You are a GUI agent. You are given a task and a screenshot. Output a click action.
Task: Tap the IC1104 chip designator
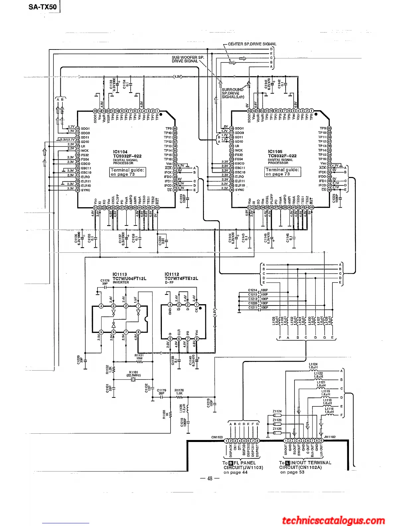120,152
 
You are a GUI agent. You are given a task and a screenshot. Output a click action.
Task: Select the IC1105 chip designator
275,151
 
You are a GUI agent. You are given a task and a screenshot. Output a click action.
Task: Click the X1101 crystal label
133,372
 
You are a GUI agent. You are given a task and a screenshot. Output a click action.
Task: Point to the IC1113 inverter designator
120,274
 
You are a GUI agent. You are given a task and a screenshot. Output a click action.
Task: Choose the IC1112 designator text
172,274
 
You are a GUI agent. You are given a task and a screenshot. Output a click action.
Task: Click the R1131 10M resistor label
139,356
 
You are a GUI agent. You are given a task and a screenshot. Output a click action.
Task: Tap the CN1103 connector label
217,437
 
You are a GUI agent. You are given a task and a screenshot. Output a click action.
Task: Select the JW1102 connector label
330,437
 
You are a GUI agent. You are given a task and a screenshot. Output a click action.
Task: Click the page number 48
210,479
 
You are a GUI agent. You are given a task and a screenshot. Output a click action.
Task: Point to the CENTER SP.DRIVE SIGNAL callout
252,44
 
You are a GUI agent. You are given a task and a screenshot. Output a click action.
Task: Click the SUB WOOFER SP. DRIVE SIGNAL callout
188,59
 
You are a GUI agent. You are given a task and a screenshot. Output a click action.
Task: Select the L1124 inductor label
313,364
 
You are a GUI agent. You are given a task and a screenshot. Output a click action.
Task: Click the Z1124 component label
277,411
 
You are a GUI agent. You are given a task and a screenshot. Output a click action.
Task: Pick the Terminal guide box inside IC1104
128,172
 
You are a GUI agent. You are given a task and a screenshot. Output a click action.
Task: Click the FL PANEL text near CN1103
244,463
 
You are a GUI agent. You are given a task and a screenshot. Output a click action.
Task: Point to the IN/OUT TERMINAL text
311,463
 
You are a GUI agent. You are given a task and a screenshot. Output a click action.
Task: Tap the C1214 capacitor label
253,290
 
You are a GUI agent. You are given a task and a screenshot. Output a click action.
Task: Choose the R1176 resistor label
179,391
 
